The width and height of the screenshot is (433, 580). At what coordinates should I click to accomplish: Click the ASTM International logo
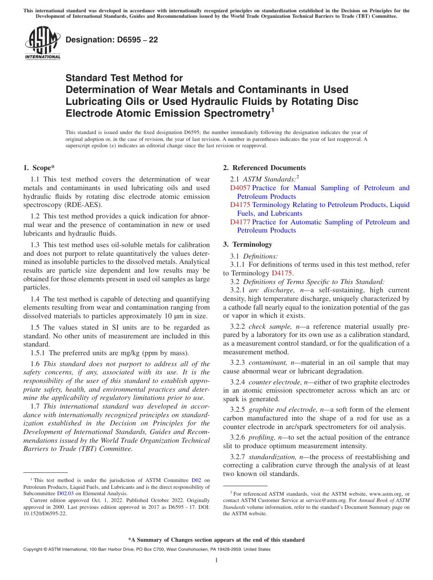click(x=42, y=43)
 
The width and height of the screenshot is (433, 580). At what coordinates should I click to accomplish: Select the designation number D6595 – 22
click(x=112, y=40)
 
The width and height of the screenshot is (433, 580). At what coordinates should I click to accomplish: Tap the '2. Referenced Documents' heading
click(x=264, y=168)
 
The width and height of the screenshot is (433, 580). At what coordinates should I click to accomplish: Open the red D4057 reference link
click(x=240, y=188)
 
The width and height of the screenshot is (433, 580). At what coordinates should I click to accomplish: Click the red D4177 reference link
click(x=240, y=222)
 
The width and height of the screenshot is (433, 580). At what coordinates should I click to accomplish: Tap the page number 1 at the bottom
click(x=216, y=560)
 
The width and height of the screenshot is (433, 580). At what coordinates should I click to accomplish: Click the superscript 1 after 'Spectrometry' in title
click(x=273, y=109)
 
